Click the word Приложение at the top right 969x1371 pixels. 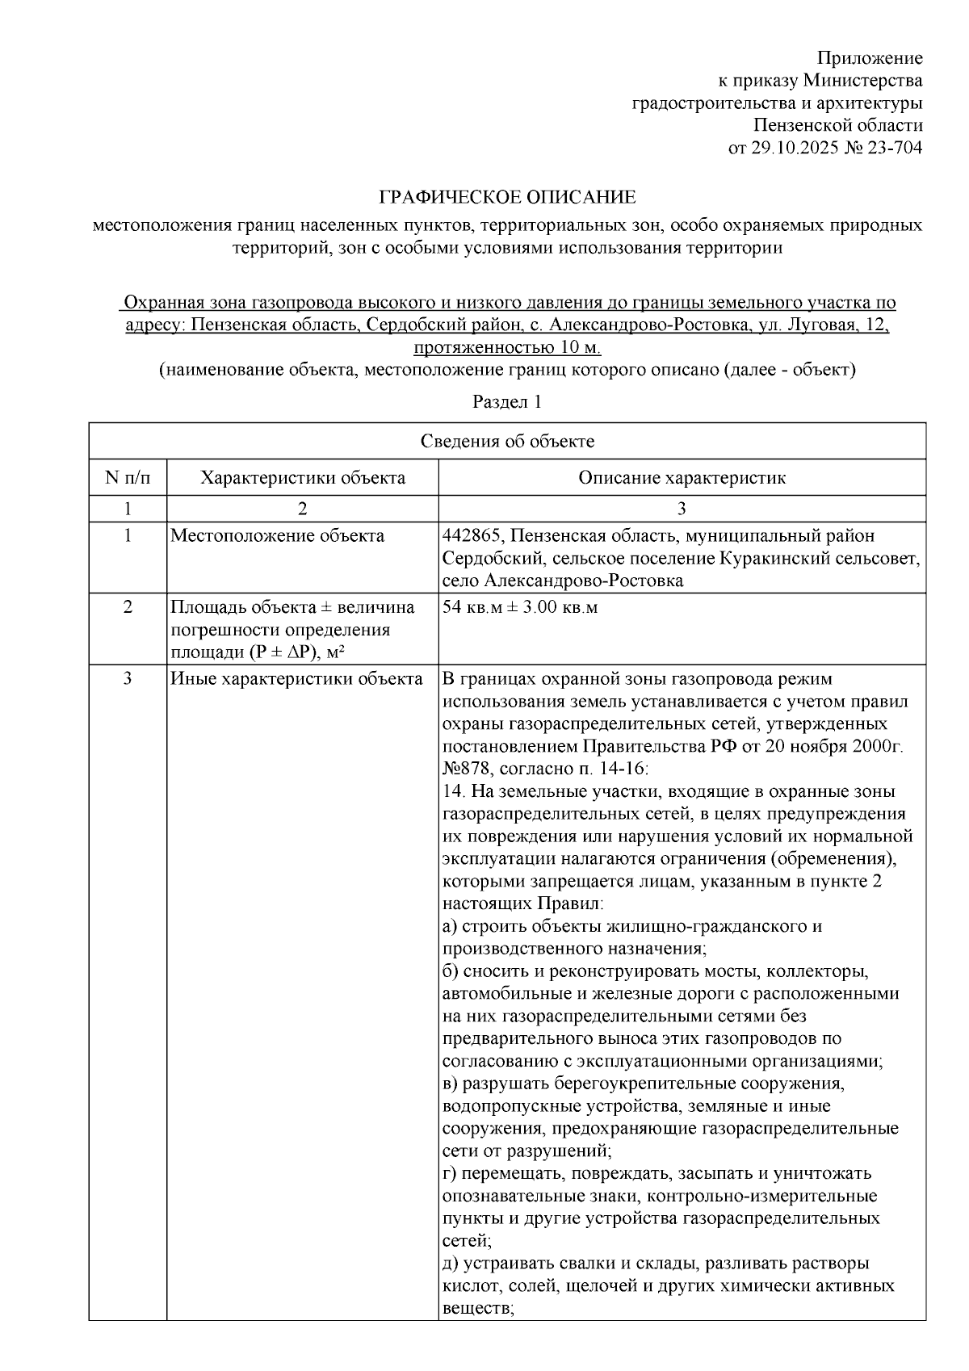point(870,58)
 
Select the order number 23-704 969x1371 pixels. point(895,148)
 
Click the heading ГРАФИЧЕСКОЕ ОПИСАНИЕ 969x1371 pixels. point(508,197)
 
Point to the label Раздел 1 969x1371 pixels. point(507,401)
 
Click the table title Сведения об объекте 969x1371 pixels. point(507,441)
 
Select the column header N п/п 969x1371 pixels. point(128,477)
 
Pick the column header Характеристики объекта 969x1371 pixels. point(303,477)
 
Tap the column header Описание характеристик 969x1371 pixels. point(682,477)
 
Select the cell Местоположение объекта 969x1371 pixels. point(277,535)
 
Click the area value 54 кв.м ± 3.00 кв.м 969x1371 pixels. point(521,607)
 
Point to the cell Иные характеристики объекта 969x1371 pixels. point(296,678)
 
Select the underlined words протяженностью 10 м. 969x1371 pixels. point(507,348)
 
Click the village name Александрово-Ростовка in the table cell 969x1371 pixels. point(583,581)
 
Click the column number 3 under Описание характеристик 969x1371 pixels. point(682,508)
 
